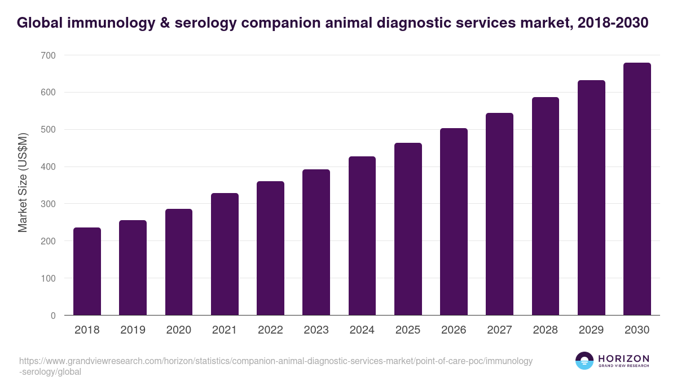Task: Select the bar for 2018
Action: (x=87, y=271)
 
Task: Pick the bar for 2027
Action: (x=499, y=214)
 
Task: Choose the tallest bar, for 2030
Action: (x=637, y=189)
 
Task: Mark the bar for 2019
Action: (x=133, y=268)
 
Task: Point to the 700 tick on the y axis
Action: (x=48, y=55)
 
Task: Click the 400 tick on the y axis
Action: (x=48, y=167)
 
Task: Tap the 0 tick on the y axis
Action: (x=53, y=316)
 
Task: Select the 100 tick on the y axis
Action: (x=48, y=278)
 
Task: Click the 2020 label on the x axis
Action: (x=178, y=330)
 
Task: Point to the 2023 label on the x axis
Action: (x=316, y=330)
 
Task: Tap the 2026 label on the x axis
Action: (x=454, y=330)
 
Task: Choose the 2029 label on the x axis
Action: (x=591, y=330)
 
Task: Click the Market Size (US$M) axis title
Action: (x=23, y=183)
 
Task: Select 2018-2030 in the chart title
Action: (x=613, y=23)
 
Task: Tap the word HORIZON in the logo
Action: (x=623, y=358)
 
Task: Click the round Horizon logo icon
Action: (x=584, y=361)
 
